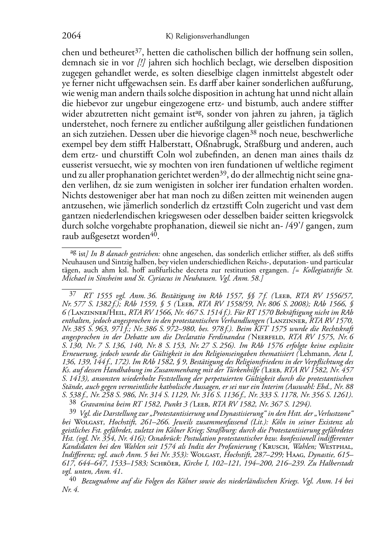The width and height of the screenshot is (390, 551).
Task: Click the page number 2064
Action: click(71, 36)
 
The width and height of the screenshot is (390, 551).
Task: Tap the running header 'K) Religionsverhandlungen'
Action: click(207, 37)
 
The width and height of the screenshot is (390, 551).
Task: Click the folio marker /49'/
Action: click(291, 226)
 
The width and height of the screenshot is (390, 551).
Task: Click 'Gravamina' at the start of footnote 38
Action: click(95, 404)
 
